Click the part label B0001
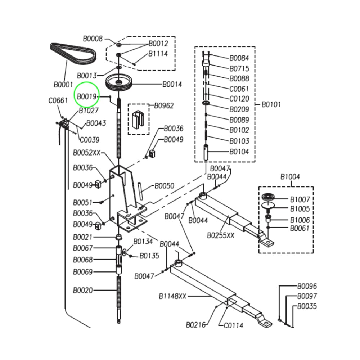pyautogui.click(x=63, y=85)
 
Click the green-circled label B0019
pyautogui.click(x=86, y=96)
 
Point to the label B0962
pyautogui.click(x=164, y=106)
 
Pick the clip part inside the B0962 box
pyautogui.click(x=138, y=118)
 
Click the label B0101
pyautogui.click(x=271, y=104)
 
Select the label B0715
pyautogui.click(x=239, y=68)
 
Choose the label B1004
pyautogui.click(x=290, y=177)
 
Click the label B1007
pyautogui.click(x=300, y=199)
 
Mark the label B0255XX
pyautogui.click(x=221, y=235)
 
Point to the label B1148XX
pyautogui.click(x=172, y=296)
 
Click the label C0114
pyautogui.click(x=233, y=325)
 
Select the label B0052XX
pyautogui.click(x=87, y=153)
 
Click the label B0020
pyautogui.click(x=83, y=291)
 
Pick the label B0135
pyautogui.click(x=149, y=256)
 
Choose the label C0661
pyautogui.click(x=58, y=100)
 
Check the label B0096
pyautogui.click(x=307, y=286)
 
